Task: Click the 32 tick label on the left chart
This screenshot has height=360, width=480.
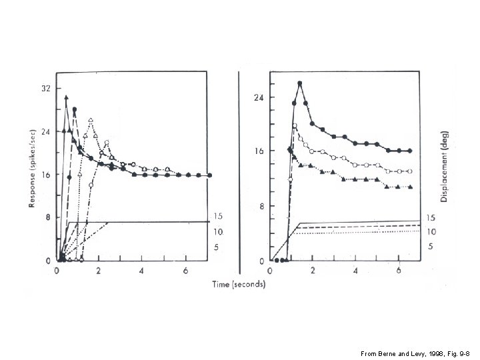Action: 45,88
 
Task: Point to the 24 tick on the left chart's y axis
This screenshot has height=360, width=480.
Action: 45,132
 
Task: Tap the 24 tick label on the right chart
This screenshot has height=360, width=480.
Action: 259,97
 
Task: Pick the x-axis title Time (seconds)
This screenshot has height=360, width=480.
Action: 239,284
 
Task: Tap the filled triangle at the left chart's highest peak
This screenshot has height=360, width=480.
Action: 67,97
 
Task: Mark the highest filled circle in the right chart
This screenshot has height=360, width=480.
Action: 300,83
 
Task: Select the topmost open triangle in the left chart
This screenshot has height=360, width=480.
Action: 91,120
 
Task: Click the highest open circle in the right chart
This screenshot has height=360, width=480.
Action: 295,125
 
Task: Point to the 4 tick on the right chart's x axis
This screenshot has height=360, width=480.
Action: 355,271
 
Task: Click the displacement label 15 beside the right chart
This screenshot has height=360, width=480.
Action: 431,218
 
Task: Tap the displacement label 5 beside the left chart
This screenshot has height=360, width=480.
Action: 217,247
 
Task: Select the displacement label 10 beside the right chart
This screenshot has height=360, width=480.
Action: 431,232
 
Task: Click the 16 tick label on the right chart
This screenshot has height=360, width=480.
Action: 259,151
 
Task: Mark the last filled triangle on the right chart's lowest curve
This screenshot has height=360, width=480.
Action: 409,187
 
